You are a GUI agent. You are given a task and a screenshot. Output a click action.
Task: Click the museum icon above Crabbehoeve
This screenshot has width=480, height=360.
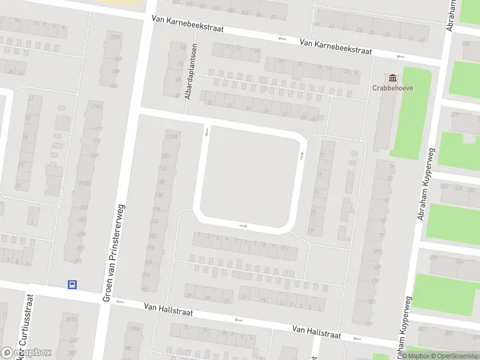(x=394, y=77)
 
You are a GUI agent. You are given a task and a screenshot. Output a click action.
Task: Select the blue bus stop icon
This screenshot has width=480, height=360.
(x=72, y=285)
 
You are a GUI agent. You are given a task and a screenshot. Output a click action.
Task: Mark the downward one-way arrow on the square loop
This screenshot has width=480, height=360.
(x=206, y=131)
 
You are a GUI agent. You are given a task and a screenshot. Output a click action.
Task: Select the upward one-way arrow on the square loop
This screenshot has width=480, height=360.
(x=301, y=155)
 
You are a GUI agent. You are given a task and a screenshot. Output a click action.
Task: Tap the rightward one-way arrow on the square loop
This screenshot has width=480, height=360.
(x=243, y=226)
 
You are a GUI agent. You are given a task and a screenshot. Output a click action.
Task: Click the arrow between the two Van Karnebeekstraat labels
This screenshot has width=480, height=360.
(x=281, y=39)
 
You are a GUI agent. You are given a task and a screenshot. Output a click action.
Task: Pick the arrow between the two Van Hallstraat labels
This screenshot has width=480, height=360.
(x=239, y=319)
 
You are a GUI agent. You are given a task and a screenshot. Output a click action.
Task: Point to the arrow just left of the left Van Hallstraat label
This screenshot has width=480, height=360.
(x=119, y=302)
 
